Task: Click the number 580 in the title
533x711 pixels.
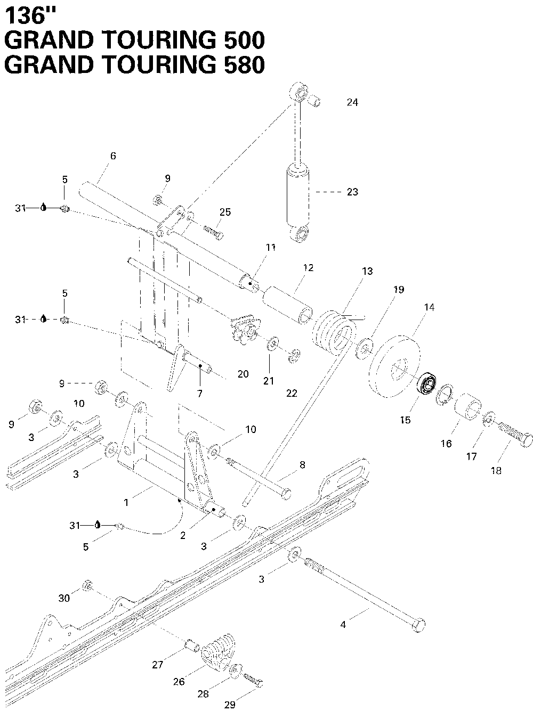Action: point(241,64)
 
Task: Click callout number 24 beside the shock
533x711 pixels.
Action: point(352,103)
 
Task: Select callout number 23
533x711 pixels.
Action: point(352,192)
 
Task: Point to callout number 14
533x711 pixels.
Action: point(429,307)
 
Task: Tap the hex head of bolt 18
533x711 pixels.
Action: point(524,440)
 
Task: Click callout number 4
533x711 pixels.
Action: point(343,625)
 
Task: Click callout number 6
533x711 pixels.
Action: point(112,156)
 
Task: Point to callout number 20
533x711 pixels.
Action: point(243,374)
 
